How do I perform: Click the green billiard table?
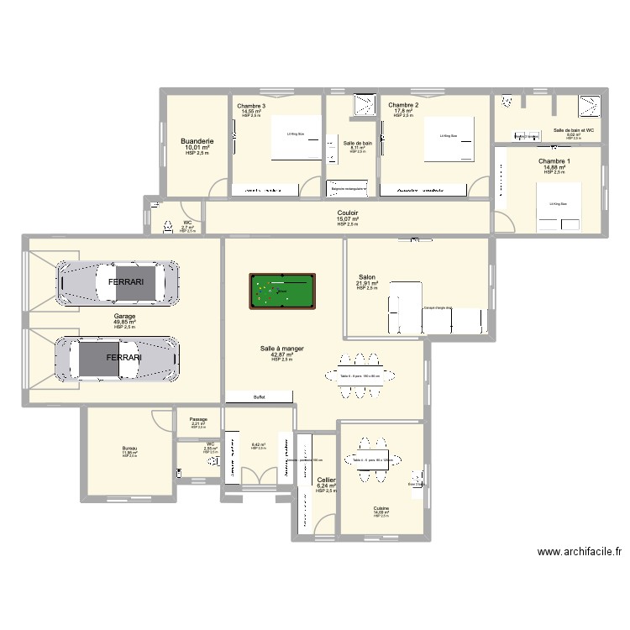281,291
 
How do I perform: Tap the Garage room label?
124,317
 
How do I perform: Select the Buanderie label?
197,142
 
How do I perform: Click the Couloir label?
348,213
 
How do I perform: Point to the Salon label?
367,276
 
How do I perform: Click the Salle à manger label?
281,348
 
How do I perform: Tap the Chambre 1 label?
554,161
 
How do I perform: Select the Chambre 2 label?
403,105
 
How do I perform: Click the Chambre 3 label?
251,105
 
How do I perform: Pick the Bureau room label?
129,449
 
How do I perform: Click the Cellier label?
326,480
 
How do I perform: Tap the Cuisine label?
381,508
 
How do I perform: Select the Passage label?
198,419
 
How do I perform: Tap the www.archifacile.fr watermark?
580,552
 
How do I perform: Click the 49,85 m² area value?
124,322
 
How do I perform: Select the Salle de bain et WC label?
574,130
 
